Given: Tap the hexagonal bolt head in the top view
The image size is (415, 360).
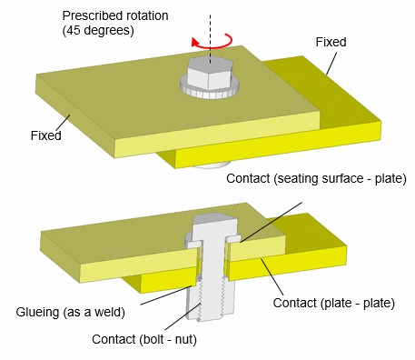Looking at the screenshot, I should coord(208,72).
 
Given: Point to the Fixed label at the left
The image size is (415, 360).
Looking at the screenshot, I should coord(44,136).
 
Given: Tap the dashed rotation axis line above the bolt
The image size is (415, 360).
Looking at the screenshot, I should coord(209,23).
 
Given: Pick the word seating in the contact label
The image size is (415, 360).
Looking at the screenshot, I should coord(299,178).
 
